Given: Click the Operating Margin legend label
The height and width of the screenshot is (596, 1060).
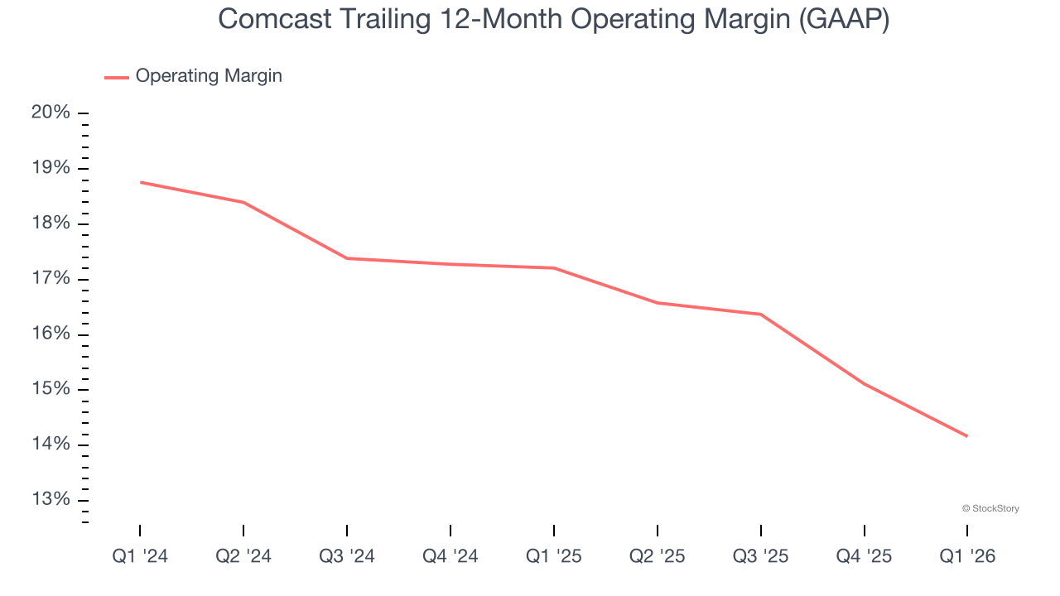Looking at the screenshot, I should click(209, 76).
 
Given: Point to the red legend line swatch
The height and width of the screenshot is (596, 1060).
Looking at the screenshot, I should click(117, 77).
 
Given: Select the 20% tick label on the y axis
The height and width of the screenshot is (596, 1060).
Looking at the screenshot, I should click(51, 113).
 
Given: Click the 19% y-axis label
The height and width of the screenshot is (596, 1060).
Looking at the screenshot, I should click(51, 168).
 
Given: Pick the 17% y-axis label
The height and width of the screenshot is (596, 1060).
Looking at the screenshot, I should click(51, 279).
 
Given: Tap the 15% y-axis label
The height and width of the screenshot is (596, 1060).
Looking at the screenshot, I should click(51, 389).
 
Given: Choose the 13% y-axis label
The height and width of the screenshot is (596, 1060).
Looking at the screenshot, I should click(51, 500).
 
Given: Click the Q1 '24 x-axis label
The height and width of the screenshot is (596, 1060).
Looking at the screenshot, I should click(140, 556).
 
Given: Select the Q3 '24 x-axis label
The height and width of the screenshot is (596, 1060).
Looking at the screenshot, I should click(347, 556).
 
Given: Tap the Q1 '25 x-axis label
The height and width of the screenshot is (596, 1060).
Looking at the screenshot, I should click(553, 556).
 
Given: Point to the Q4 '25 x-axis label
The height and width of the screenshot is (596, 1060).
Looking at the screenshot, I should click(864, 556).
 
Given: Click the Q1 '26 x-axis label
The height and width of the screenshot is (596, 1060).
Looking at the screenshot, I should click(967, 556).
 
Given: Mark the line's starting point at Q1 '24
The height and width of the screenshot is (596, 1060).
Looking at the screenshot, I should click(140, 182).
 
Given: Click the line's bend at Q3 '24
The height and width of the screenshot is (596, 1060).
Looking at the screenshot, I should click(347, 258).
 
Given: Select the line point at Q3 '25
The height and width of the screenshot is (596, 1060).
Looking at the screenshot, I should click(760, 315).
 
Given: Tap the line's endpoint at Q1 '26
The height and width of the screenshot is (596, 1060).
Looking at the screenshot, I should click(966, 436).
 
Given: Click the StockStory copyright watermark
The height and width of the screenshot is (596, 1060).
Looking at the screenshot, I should click(990, 508).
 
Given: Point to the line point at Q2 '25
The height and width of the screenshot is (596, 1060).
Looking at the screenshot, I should click(657, 303).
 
